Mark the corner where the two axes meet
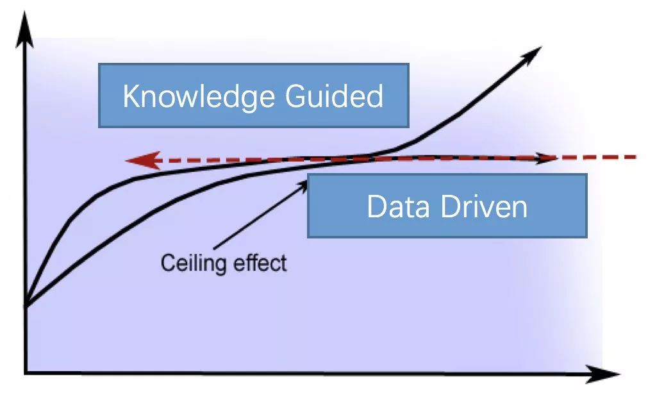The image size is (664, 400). [25, 373]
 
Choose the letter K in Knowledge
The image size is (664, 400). [130, 96]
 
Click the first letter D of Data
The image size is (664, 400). [375, 206]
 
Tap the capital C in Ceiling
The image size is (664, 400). [167, 263]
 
